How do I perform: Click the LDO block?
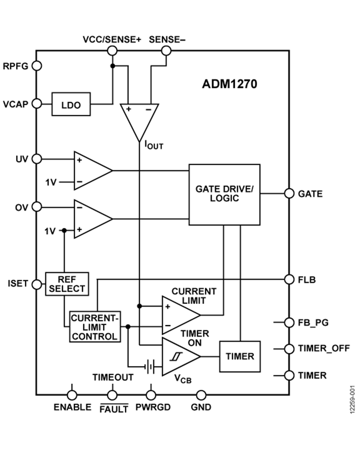[71, 104]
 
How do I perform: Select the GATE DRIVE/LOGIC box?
[224, 194]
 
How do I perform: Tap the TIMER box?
[239, 356]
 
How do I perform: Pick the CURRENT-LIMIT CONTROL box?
[95, 326]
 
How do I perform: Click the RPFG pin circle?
[37, 66]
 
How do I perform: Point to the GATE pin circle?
[289, 194]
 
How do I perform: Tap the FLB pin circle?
[289, 279]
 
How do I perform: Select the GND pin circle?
[201, 395]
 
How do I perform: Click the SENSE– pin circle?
[166, 50]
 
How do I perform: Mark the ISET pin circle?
[37, 284]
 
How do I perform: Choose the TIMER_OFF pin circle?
[289, 348]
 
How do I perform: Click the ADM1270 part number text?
[229, 84]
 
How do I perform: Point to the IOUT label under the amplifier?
[154, 145]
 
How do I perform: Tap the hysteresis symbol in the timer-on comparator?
[174, 356]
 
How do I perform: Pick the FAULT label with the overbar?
[114, 408]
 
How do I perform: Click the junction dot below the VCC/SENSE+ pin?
[113, 66]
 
